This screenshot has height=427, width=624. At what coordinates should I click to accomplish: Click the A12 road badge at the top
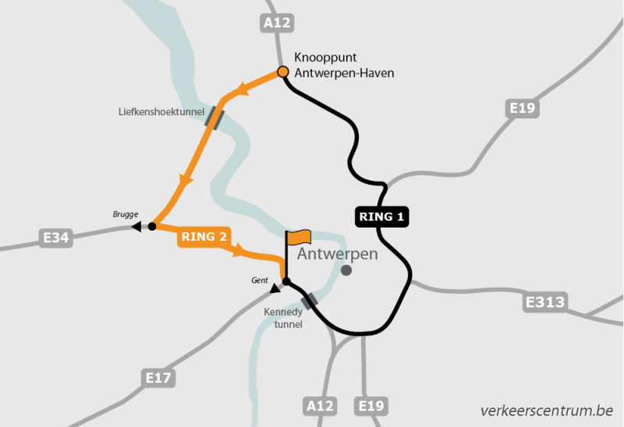click(x=277, y=23)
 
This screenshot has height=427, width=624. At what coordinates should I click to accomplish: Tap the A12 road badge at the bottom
click(x=321, y=406)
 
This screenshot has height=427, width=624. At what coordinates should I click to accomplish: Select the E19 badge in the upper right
click(x=522, y=108)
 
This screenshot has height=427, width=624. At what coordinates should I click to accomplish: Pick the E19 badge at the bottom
click(x=371, y=406)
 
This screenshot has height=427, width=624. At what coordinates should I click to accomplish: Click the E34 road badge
click(x=56, y=238)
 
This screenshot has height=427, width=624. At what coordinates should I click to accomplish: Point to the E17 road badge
click(x=159, y=379)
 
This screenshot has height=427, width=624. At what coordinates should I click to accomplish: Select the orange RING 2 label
click(x=204, y=237)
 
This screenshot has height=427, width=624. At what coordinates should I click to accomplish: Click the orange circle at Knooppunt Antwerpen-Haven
click(x=283, y=73)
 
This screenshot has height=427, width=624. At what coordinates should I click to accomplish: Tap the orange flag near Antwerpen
click(x=299, y=236)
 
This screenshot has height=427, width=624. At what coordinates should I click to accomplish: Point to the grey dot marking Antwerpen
click(x=346, y=270)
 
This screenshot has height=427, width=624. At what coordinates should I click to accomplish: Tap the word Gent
click(x=260, y=280)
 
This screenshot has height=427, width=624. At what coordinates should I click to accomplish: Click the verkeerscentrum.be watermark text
click(x=547, y=410)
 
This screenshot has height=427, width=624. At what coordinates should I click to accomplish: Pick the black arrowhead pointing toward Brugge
click(x=136, y=227)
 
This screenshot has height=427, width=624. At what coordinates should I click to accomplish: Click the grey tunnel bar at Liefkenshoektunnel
click(x=214, y=118)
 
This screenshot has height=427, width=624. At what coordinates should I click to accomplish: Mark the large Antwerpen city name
click(x=338, y=254)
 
